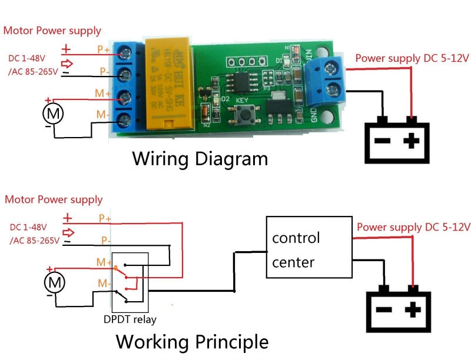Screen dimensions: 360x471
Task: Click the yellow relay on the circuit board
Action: [x=167, y=82]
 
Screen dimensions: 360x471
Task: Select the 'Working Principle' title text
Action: [x=192, y=342]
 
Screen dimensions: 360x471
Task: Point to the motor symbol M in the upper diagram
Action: [x=54, y=113]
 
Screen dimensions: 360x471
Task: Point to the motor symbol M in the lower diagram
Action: [x=54, y=284]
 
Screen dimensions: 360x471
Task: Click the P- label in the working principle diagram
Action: [x=105, y=240]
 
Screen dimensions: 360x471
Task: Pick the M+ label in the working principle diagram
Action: [x=105, y=262]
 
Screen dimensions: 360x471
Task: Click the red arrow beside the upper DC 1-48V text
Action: [x=68, y=64]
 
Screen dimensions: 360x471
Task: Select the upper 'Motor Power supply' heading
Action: [x=52, y=31]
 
